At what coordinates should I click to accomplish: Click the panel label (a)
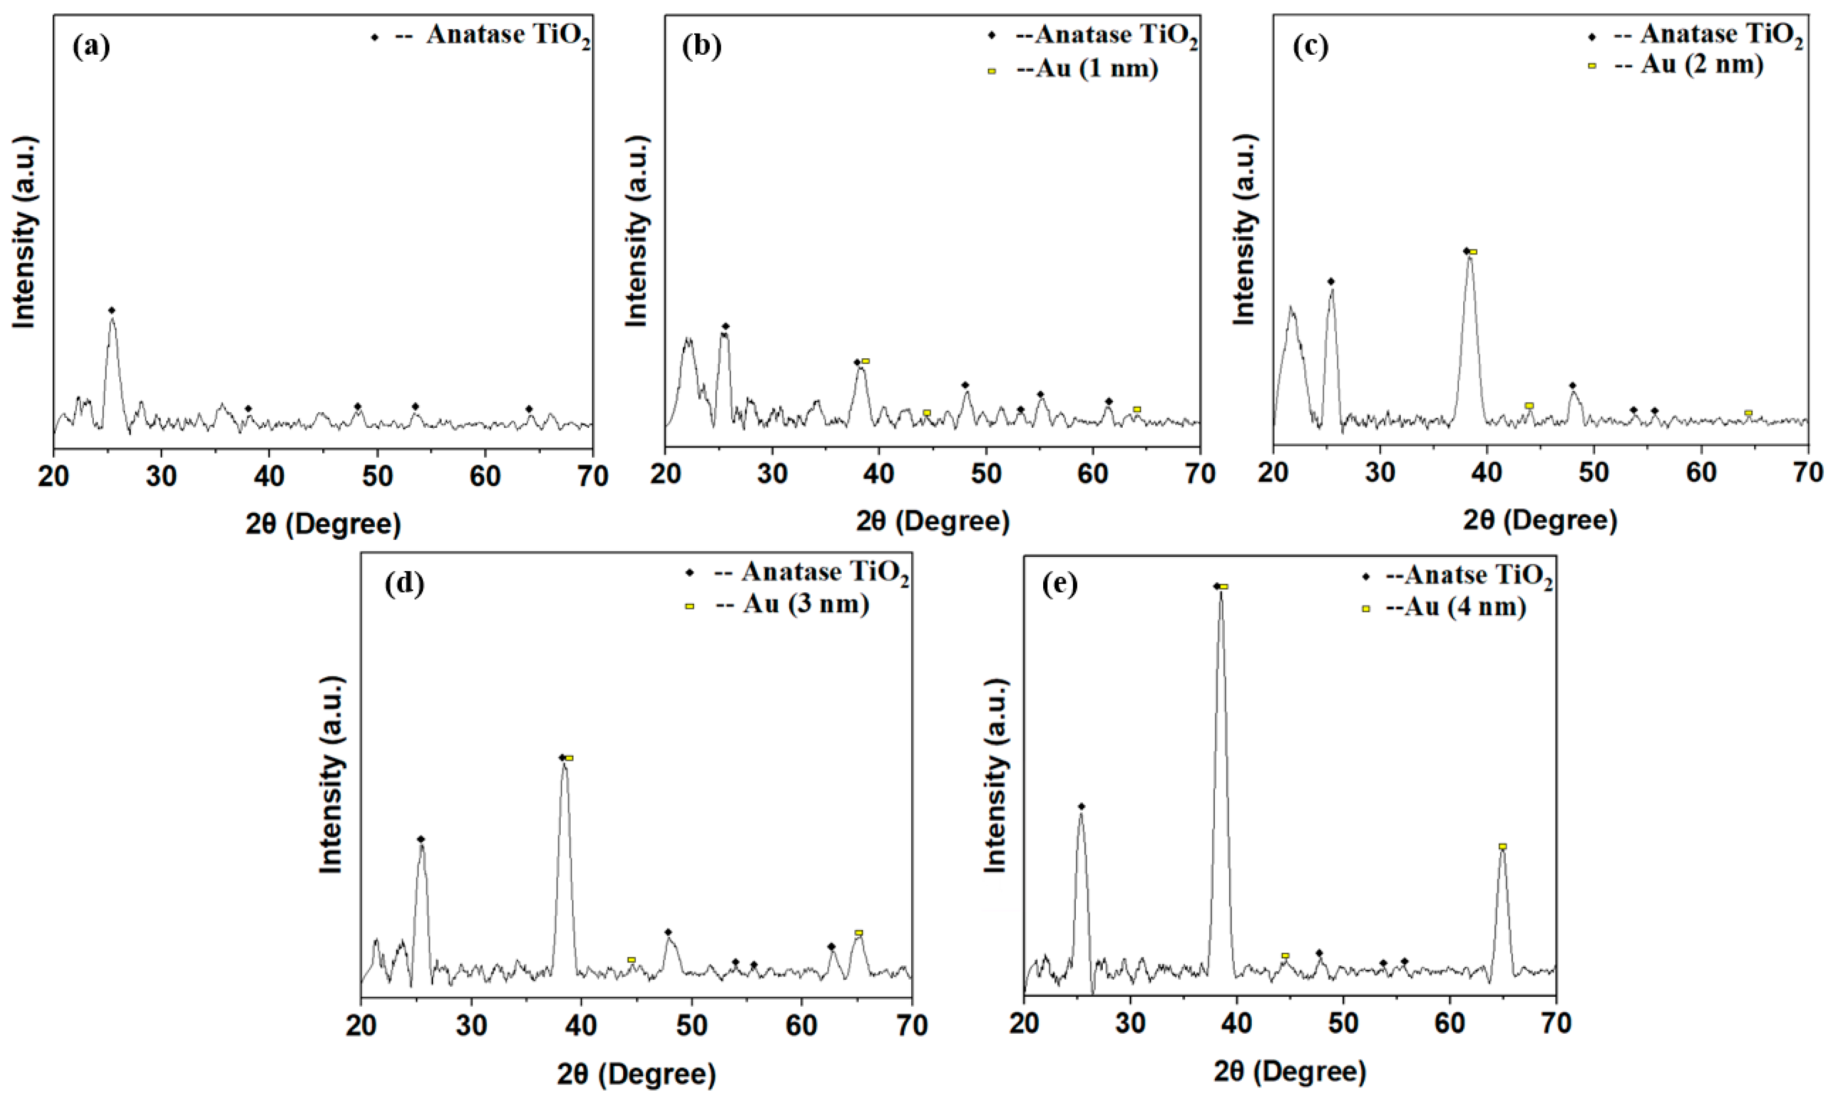[x=92, y=47]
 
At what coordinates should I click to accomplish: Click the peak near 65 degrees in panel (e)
[x=1502, y=852]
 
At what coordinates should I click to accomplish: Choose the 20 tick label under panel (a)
[x=54, y=476]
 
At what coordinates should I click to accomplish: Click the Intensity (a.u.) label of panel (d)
[x=331, y=774]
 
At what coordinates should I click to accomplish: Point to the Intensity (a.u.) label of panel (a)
[x=24, y=231]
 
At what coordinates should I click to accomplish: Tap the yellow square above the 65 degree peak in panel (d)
[x=858, y=932]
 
